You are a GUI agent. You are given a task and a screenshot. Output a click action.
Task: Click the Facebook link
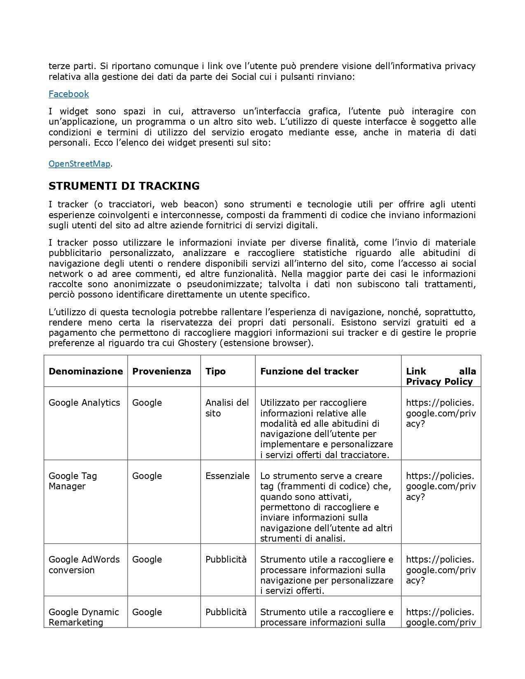click(x=69, y=94)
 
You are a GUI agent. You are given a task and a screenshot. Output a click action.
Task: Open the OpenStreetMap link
click(x=79, y=164)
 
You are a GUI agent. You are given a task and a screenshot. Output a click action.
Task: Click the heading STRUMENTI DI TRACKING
click(x=124, y=186)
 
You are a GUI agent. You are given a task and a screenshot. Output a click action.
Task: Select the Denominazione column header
click(x=86, y=371)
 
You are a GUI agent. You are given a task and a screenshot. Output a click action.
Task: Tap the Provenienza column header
click(x=161, y=371)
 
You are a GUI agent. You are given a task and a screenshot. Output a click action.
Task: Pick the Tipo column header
click(x=215, y=371)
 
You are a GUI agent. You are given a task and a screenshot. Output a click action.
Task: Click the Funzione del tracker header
click(x=309, y=371)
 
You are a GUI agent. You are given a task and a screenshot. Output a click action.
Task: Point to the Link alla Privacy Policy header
click(x=441, y=376)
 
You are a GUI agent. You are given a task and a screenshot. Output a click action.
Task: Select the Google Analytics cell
click(x=84, y=402)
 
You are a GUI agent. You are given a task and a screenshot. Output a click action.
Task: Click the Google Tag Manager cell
click(x=73, y=481)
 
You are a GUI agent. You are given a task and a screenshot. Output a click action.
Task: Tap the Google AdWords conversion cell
click(x=84, y=565)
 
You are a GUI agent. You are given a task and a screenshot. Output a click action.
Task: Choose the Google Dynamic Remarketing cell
click(x=84, y=617)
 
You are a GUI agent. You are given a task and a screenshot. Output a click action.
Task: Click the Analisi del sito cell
click(x=227, y=408)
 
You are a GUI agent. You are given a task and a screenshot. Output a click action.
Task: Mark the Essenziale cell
click(x=227, y=476)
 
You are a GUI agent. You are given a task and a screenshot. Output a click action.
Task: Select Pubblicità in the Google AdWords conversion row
click(x=226, y=559)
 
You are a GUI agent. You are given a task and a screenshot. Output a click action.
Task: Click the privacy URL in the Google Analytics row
click(x=441, y=413)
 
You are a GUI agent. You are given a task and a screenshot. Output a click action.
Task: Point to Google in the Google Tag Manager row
click(x=147, y=476)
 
